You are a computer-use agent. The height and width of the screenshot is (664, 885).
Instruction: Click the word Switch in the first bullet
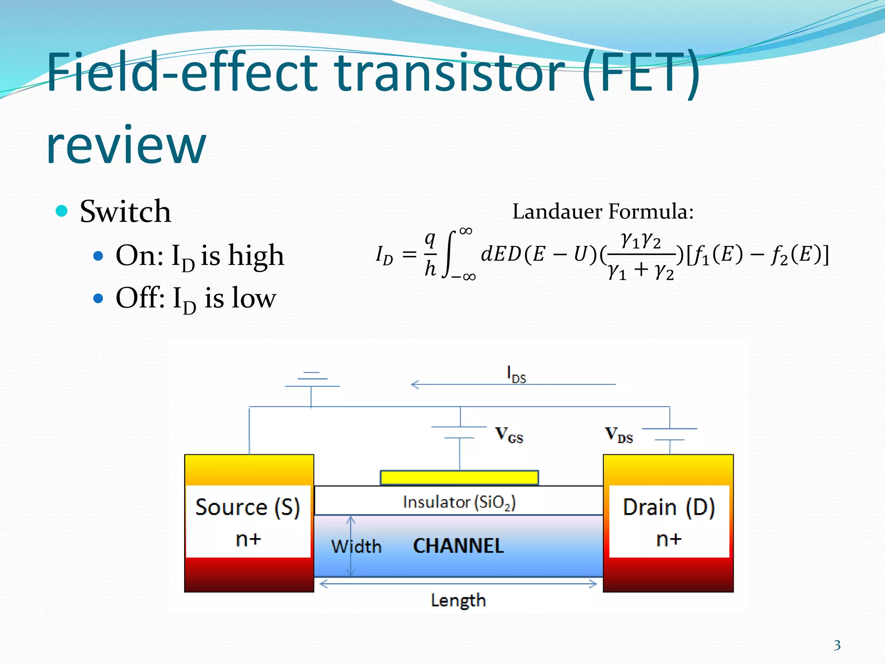[125, 212]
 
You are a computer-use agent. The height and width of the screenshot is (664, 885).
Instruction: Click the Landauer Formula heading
[603, 212]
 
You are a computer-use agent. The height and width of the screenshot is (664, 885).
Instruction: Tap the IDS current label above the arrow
[516, 374]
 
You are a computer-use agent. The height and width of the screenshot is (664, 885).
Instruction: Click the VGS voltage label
[509, 434]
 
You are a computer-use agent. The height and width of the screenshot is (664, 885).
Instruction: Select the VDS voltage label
[619, 434]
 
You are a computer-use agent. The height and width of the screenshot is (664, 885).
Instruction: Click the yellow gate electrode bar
[459, 478]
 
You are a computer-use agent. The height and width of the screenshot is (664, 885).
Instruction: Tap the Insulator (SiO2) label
[459, 502]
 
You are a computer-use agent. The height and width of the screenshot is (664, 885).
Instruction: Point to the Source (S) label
[248, 507]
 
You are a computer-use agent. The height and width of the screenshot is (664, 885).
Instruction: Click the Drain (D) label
[669, 507]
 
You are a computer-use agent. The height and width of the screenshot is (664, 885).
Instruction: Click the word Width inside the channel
[357, 547]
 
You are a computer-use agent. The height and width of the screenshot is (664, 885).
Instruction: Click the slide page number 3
[837, 645]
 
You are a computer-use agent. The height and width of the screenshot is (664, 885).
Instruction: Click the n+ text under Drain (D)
[669, 539]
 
